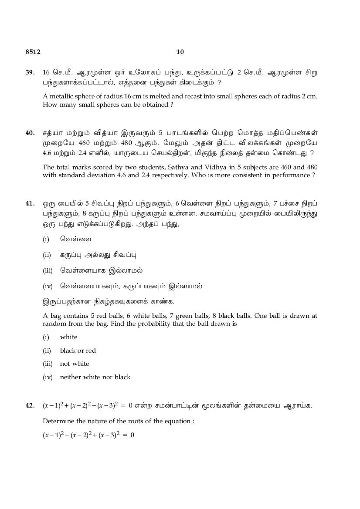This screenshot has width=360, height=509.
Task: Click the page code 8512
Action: [x=33, y=52]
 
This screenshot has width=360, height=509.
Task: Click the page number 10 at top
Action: [x=180, y=52]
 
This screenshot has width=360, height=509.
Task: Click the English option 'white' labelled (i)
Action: [x=68, y=337]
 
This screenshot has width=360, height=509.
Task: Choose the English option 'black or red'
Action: [x=78, y=351]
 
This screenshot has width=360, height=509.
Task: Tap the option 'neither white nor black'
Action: [x=95, y=377]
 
